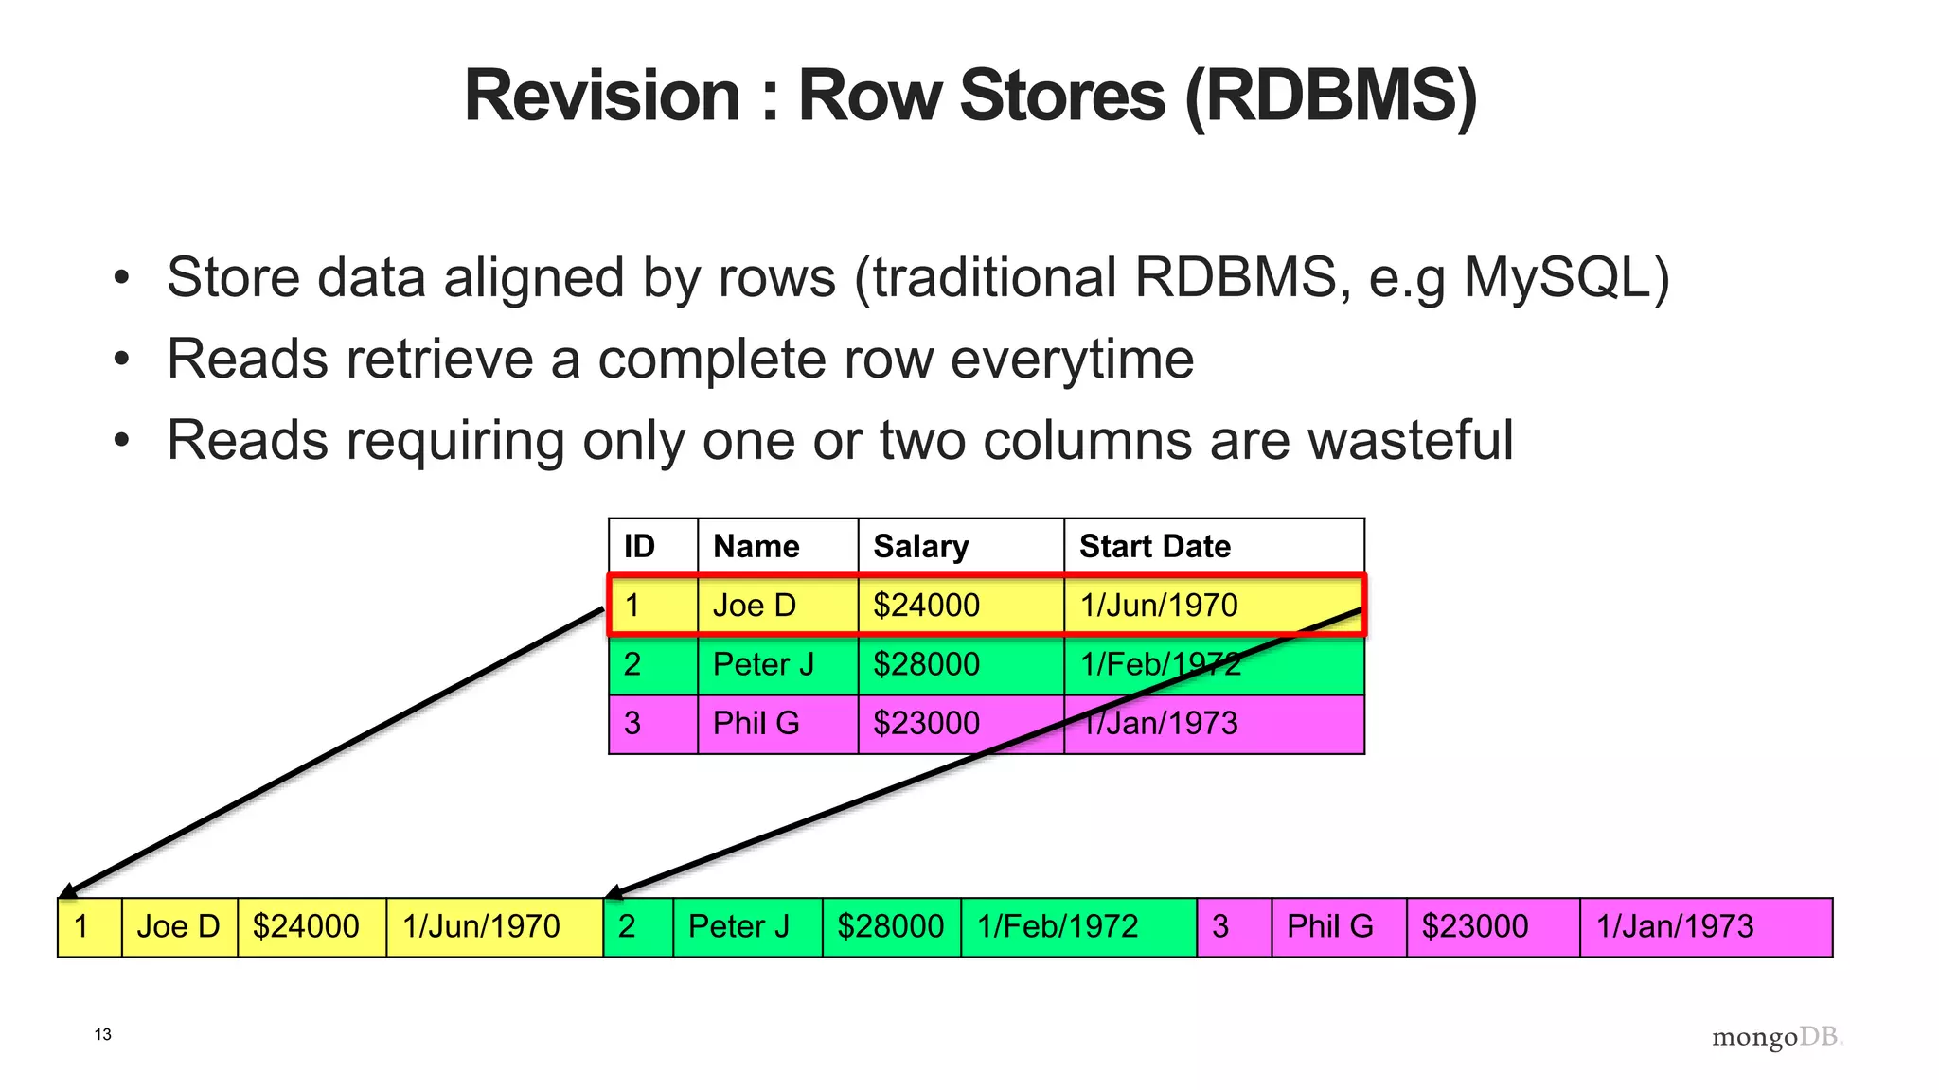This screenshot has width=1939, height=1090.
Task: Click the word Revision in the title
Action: pos(602,97)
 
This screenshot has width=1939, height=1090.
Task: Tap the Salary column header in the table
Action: pos(920,546)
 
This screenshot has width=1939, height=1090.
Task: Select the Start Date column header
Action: pos(1154,546)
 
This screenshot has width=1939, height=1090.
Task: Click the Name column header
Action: pos(756,546)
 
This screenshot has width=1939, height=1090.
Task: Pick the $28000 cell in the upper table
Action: pos(926,664)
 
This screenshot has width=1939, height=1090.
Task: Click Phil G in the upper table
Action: pos(756,724)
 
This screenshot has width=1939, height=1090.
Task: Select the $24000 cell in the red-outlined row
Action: pos(926,606)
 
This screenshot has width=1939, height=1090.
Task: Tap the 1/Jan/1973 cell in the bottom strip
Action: pos(1675,926)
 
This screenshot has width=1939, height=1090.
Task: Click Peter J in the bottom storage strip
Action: pos(738,926)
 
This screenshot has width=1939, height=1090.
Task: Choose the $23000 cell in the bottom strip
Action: pos(1474,926)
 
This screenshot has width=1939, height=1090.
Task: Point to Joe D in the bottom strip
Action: pos(178,926)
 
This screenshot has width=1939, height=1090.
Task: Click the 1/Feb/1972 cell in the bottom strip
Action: pos(1058,926)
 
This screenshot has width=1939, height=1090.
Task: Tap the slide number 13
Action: pos(103,1035)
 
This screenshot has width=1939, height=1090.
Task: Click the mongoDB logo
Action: pos(1777,1038)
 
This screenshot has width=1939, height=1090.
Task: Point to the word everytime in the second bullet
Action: pos(1072,360)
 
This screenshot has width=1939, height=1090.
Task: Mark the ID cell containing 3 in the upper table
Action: pos(632,724)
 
